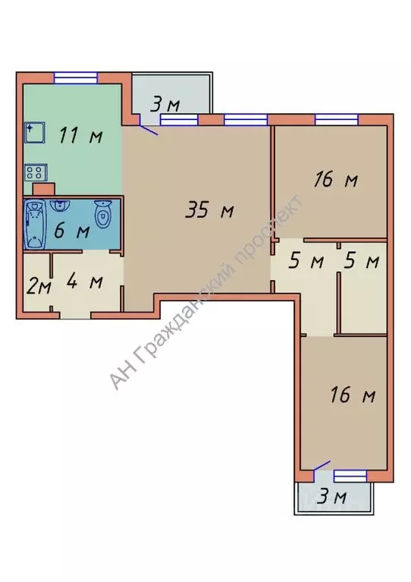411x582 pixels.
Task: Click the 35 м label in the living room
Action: pos(209,210)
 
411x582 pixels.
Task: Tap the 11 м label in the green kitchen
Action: pos(81,135)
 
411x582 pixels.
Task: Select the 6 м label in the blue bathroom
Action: pos(72,231)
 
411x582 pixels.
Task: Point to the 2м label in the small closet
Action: pos(39,287)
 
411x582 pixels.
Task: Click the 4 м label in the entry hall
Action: pos(85,282)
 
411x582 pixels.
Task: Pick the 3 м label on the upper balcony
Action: pos(165,104)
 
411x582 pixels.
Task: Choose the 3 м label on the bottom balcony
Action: pos(333,496)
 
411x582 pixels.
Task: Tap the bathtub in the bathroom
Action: pos(35,224)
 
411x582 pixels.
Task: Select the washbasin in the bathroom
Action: pos(58,206)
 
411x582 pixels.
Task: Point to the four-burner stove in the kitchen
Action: pos(36,172)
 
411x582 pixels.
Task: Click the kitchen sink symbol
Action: pos(35,133)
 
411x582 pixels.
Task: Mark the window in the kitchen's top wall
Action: pos(76,78)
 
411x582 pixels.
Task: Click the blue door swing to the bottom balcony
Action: pos(322,467)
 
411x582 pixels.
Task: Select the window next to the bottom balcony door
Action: pos(350,476)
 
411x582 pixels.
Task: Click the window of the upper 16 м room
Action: pos(337,120)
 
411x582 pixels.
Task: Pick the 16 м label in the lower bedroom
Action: pos(353,395)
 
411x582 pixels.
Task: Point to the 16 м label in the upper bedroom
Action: pos(336,180)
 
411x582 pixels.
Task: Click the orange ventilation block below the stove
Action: pos(44,189)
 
